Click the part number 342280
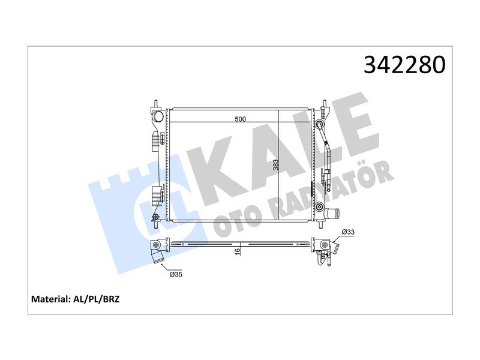click(x=404, y=65)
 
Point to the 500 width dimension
click(x=240, y=119)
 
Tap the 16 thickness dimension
click(x=238, y=251)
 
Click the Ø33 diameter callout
click(x=348, y=232)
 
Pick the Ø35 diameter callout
click(x=176, y=274)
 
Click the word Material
click(x=51, y=299)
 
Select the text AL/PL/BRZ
click(x=97, y=299)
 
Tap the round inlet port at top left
click(x=158, y=116)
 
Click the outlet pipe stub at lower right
click(x=332, y=212)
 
